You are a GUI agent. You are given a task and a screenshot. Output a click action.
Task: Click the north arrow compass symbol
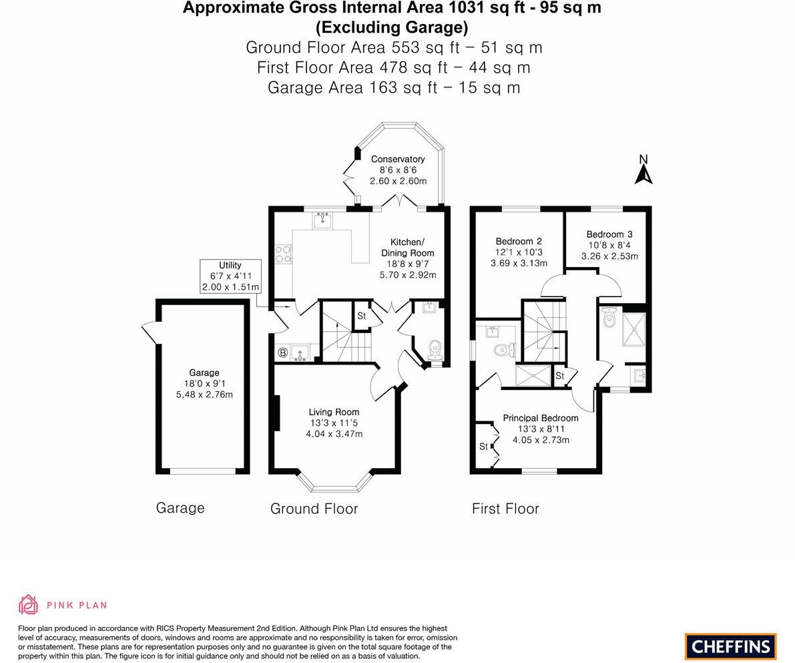pyautogui.click(x=643, y=170)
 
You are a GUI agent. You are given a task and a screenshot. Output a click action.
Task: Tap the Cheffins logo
pyautogui.click(x=730, y=646)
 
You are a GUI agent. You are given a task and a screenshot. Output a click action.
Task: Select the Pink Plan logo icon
pyautogui.click(x=29, y=604)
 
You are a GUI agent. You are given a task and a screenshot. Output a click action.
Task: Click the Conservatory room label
pyautogui.click(x=398, y=159)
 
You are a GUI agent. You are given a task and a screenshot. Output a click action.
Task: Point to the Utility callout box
pyautogui.click(x=230, y=276)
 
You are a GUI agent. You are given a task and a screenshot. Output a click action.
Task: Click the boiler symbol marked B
pyautogui.click(x=282, y=352)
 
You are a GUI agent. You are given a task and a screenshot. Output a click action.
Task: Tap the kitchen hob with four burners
pyautogui.click(x=284, y=254)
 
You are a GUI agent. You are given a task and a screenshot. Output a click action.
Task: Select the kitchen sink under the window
pyautogui.click(x=323, y=220)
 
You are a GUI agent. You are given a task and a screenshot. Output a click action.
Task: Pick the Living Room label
pyautogui.click(x=334, y=412)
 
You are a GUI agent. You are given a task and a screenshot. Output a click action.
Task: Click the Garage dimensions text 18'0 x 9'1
pyautogui.click(x=204, y=384)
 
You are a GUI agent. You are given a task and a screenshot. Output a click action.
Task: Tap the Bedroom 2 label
pyautogui.click(x=519, y=241)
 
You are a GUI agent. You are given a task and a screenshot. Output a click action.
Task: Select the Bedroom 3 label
pyautogui.click(x=609, y=234)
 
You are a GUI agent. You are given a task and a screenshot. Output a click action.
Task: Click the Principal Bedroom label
pyautogui.click(x=541, y=418)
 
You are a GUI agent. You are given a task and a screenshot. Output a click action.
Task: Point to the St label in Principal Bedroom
pyautogui.click(x=483, y=446)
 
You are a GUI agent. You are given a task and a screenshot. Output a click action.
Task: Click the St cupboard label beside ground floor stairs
pyautogui.click(x=361, y=316)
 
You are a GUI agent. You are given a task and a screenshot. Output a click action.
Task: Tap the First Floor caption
pyautogui.click(x=505, y=509)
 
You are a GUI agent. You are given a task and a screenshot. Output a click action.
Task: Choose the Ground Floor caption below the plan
pyautogui.click(x=314, y=509)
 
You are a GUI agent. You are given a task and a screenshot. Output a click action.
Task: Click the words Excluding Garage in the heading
pyautogui.click(x=392, y=27)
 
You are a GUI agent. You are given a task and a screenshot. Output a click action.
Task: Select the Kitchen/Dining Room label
pyautogui.click(x=407, y=247)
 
